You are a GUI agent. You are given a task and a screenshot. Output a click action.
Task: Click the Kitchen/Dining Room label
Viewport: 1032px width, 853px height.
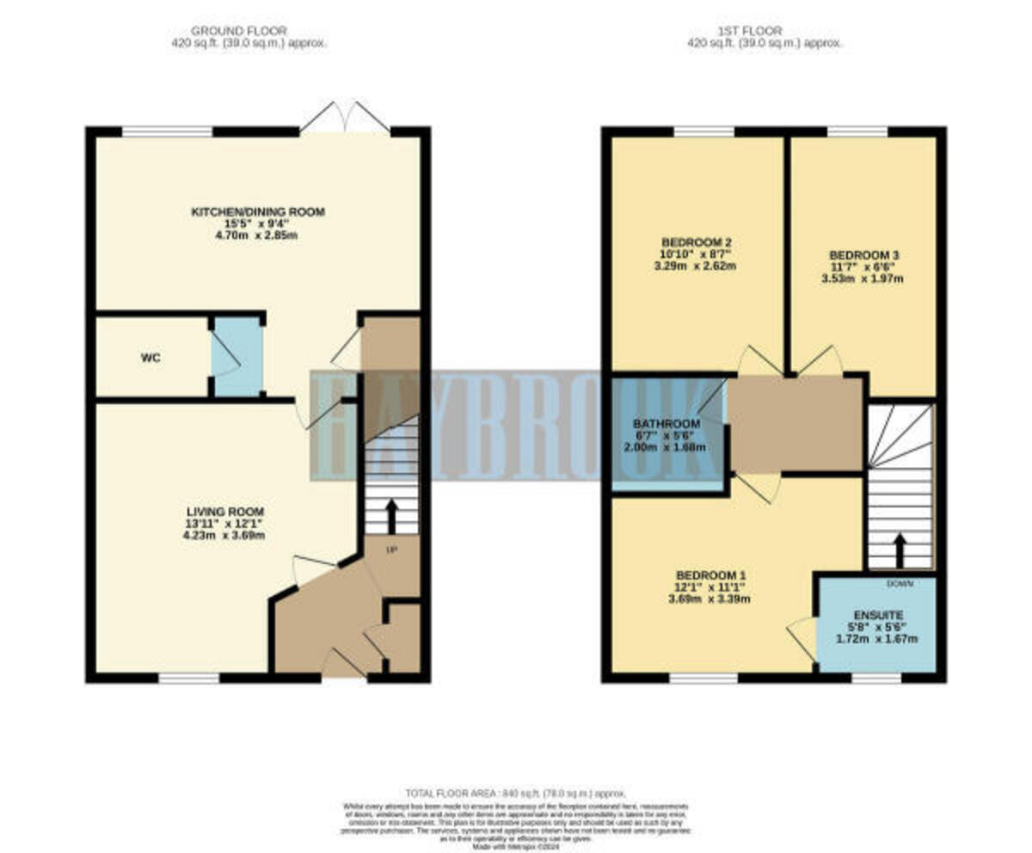(258, 212)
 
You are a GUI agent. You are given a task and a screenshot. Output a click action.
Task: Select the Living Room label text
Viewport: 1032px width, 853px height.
(222, 512)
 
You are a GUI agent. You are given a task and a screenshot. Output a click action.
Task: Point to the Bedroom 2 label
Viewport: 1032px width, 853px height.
(696, 242)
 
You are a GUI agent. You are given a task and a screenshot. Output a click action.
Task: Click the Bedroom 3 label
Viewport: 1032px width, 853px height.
(863, 255)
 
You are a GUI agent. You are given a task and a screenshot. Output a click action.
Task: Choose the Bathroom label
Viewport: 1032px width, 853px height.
(666, 423)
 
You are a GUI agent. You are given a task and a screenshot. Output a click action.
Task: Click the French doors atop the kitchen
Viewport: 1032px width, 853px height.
(345, 119)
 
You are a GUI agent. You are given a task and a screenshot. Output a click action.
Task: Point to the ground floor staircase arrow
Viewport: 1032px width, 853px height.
(391, 516)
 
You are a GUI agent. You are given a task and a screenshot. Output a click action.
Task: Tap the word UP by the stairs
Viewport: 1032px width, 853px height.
(391, 549)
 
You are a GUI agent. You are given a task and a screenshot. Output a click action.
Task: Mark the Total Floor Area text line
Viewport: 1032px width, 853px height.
(516, 792)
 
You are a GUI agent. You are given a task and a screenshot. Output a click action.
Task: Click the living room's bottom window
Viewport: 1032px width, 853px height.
(189, 678)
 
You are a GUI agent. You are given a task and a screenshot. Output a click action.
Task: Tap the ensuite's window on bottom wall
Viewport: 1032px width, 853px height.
(875, 678)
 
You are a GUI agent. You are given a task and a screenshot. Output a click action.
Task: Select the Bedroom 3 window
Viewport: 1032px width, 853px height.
(857, 132)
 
